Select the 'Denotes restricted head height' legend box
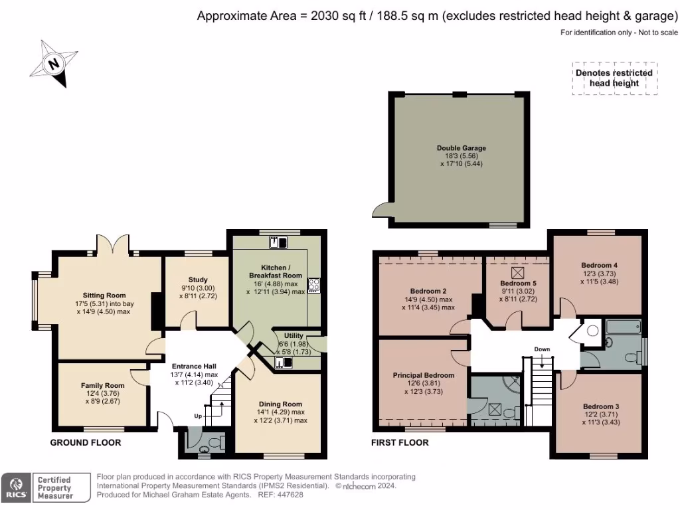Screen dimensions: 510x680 point(614,78)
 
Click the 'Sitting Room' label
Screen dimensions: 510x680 point(104,295)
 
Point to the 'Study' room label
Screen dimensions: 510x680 point(198,280)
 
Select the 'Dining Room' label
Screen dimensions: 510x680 point(280,404)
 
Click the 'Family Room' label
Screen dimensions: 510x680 point(103,385)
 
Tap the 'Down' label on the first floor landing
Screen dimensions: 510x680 point(542,349)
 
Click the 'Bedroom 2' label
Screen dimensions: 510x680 point(428,291)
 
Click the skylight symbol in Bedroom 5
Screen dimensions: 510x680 point(517,272)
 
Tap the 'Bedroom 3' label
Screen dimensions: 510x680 point(601,406)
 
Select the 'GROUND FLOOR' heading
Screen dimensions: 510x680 point(86,442)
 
